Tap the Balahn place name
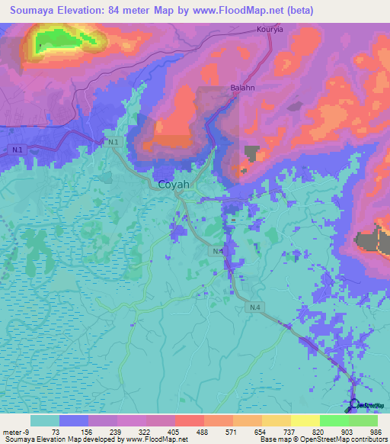tap(241, 88)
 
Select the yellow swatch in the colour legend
tap(305, 420)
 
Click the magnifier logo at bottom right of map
tap(354, 405)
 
